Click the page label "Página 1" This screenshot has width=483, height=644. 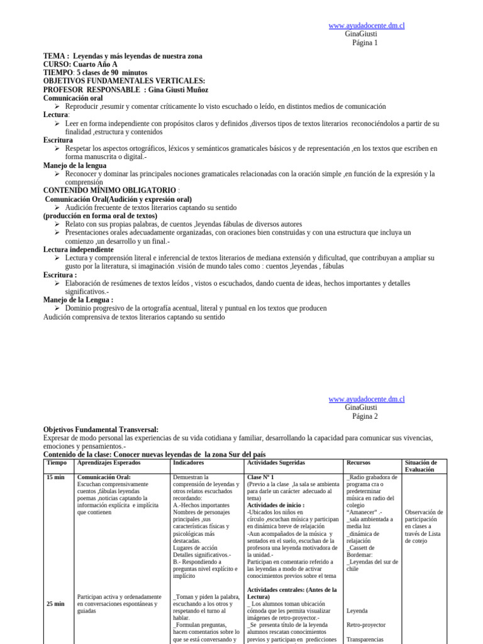[x=365, y=43]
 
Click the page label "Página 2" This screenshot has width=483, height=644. [x=365, y=416]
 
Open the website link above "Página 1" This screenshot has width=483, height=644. [x=366, y=25]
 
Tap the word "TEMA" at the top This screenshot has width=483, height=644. [x=53, y=56]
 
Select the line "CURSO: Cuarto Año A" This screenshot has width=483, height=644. [x=80, y=64]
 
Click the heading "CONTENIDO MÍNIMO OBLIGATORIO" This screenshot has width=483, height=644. [x=109, y=190]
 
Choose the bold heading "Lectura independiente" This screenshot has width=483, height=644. [x=78, y=249]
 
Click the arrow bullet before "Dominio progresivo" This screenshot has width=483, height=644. [x=57, y=308]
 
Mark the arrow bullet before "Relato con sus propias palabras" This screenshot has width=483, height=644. [x=57, y=224]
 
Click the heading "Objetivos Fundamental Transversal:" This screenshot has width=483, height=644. [x=101, y=430]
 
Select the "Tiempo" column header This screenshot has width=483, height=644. [x=57, y=463]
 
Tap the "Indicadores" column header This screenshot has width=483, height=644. [x=188, y=463]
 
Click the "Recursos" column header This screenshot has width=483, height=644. [x=358, y=463]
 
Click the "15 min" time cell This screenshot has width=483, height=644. [x=55, y=477]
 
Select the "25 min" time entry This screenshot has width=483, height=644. [x=55, y=604]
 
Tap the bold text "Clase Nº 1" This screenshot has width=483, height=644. [x=260, y=477]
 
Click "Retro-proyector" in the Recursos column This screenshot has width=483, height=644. [x=366, y=625]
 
